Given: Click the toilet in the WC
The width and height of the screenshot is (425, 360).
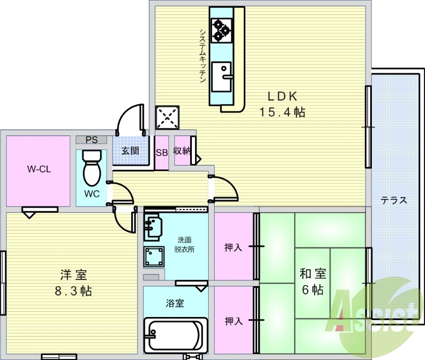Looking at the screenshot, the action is [92, 168].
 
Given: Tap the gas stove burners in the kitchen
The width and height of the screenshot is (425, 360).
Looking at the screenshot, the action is [222, 30].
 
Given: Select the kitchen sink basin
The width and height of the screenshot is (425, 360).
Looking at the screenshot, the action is [222, 77].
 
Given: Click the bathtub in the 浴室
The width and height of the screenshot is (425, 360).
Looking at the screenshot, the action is [176, 336].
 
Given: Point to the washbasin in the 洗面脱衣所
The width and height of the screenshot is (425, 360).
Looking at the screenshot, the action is [152, 227].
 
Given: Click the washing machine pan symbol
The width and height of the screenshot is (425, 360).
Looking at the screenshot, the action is [154, 256].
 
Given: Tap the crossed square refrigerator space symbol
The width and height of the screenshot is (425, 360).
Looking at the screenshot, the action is [167, 117].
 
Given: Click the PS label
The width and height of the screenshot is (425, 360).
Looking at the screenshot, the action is [91, 140].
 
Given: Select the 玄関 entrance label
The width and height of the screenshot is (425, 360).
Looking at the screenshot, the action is [130, 151].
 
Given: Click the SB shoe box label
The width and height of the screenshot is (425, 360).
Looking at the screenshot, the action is [161, 153].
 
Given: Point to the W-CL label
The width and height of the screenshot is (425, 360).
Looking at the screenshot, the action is [39, 169].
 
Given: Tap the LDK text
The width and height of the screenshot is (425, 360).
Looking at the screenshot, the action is [283, 96].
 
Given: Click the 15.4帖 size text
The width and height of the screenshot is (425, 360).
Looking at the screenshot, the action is [283, 112].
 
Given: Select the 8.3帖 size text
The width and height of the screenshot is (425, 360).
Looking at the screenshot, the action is [73, 291].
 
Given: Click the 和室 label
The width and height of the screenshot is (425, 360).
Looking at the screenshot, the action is [313, 273].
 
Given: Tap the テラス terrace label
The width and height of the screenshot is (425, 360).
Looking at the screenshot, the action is [394, 201].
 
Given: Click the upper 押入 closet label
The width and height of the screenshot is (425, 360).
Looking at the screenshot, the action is [233, 247].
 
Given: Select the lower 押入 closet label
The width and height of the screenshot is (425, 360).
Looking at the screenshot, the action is [233, 321].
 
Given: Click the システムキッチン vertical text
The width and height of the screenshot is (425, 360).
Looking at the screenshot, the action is [203, 56].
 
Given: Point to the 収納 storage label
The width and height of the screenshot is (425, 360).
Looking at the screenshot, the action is [182, 151].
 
